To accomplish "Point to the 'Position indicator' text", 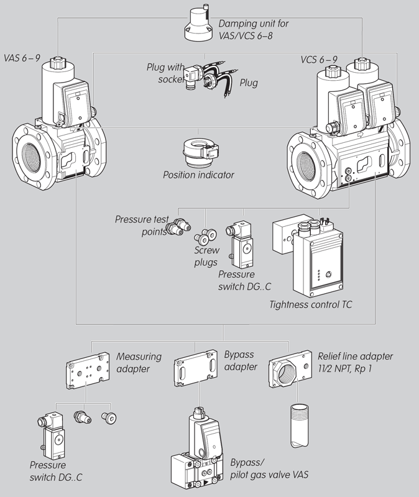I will [x=198, y=175].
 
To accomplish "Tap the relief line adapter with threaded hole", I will [x=292, y=374].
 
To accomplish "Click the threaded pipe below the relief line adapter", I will [x=298, y=425].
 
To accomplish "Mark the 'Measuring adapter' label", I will [x=139, y=362].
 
